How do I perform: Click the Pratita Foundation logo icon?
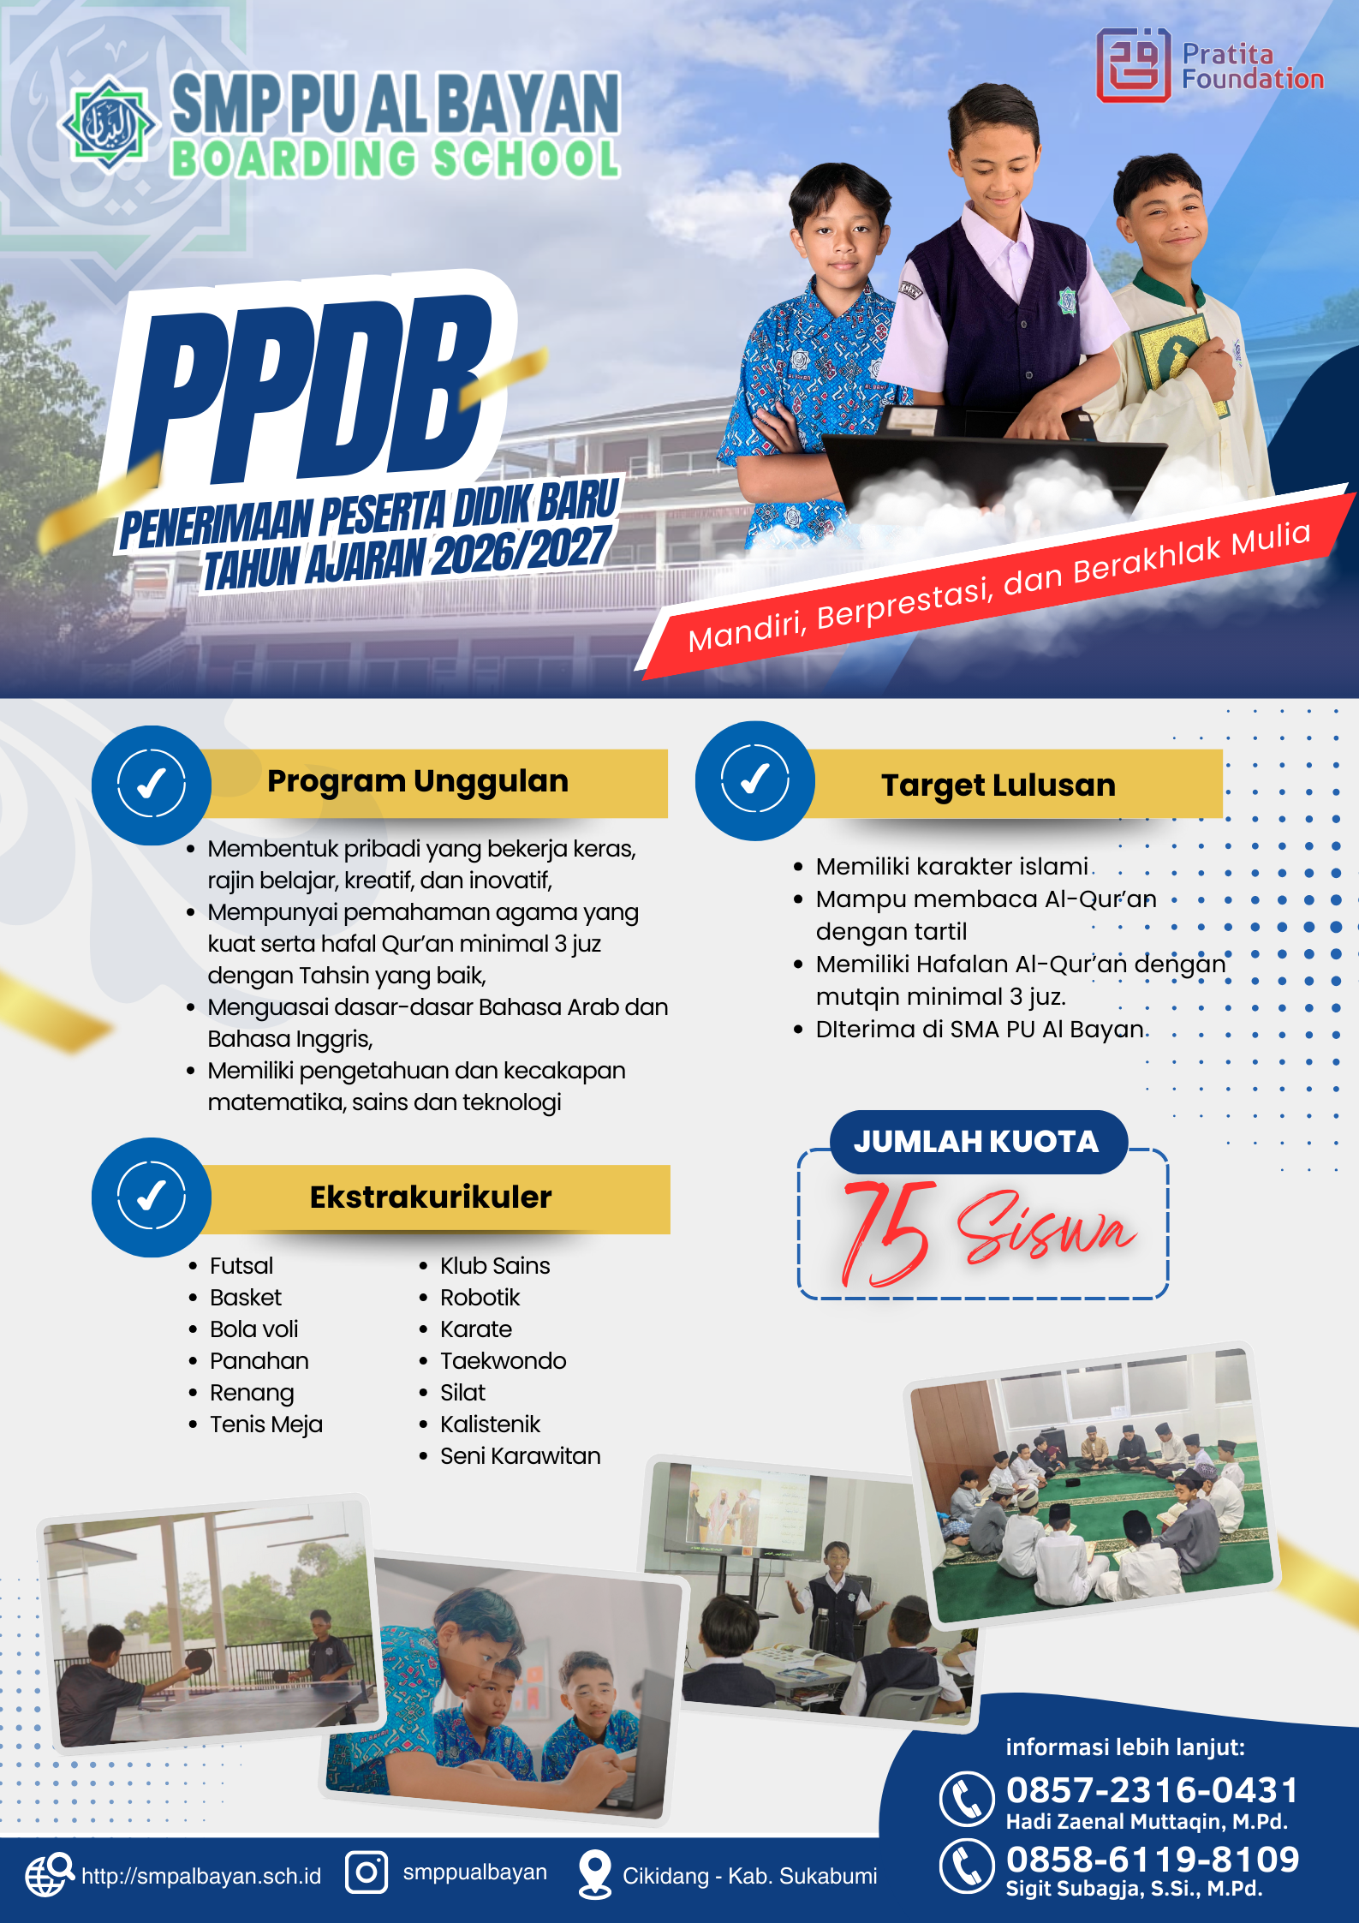(x=1133, y=65)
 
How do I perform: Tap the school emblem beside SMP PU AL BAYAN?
(x=108, y=125)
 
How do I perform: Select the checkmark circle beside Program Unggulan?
(x=152, y=785)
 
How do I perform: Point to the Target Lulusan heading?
(x=998, y=785)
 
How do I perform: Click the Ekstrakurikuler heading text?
(x=431, y=1197)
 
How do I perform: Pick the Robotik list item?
(x=480, y=1298)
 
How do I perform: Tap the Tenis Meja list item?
(x=266, y=1424)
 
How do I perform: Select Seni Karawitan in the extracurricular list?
(x=521, y=1456)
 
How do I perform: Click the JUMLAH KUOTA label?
(x=976, y=1142)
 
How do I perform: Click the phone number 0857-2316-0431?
(x=1153, y=1790)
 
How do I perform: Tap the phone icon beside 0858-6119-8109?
(x=967, y=1866)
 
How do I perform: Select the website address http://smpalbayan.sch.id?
(x=201, y=1876)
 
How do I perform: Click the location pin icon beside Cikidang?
(x=595, y=1874)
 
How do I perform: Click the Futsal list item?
(x=241, y=1266)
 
